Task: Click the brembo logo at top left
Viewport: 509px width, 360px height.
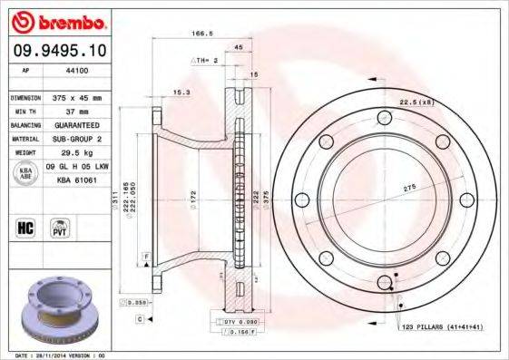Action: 57,20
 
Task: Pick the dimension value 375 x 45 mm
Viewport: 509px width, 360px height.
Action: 74,96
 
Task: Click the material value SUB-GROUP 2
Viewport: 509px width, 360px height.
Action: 75,139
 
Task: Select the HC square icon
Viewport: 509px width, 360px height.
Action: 24,226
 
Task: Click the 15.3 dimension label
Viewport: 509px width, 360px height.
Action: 180,92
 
